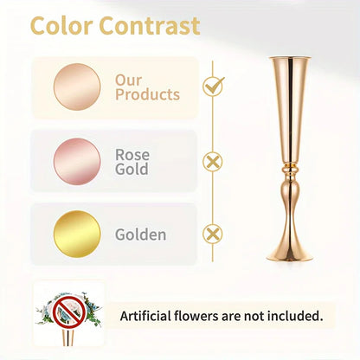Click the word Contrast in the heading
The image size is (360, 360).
click(x=149, y=27)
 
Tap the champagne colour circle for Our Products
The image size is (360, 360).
click(x=76, y=87)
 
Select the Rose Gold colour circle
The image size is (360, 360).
click(x=76, y=161)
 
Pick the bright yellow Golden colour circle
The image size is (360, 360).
click(x=76, y=234)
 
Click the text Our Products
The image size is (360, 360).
click(x=147, y=87)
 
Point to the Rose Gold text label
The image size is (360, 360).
click(x=132, y=162)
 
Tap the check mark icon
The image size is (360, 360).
click(x=212, y=86)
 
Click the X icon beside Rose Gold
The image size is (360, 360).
click(x=211, y=160)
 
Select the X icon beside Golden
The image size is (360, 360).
click(x=211, y=234)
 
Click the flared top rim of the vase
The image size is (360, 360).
click(x=289, y=59)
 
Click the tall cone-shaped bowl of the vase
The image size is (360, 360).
click(x=289, y=104)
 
